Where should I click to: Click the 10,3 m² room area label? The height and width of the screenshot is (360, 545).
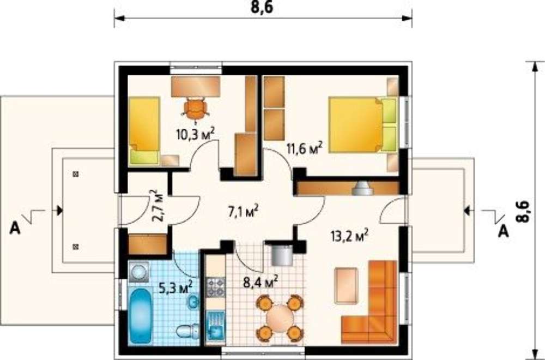tap(195, 134)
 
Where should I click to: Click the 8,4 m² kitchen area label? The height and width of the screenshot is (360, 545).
tap(261, 281)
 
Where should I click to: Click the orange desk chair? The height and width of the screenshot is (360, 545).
tap(196, 109)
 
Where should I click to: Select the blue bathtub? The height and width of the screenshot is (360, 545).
tap(141, 316)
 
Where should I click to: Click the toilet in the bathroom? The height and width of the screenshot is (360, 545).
tap(187, 331)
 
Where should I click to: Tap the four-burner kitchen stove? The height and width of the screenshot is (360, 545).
tap(215, 287)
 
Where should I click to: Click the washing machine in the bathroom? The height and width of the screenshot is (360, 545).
tap(138, 272)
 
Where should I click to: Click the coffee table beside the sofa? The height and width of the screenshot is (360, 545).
tap(346, 286)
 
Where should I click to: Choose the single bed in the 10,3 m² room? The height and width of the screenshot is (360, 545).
tap(144, 131)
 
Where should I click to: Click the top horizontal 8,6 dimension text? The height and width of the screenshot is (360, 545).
tap(262, 7)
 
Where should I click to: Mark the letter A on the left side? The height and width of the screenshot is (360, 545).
tap(15, 228)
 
